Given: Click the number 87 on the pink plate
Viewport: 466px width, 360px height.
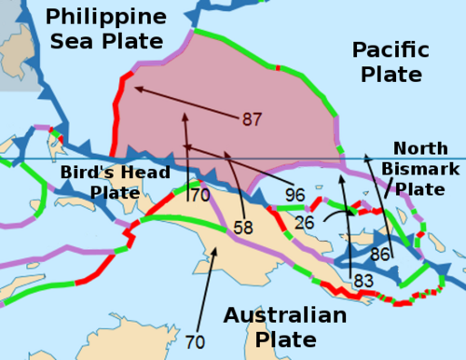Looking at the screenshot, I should point(252,119).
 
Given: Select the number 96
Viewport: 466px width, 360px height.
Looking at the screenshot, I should point(295,196).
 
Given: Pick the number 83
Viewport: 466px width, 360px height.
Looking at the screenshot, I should point(363,279).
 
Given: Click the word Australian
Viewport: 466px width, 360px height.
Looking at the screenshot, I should point(285,314).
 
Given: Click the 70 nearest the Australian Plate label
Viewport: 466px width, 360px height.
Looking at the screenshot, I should point(196,342).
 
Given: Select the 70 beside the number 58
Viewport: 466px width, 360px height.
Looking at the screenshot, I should point(199,196).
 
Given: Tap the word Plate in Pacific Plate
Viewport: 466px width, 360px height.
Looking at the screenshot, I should point(391,74).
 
